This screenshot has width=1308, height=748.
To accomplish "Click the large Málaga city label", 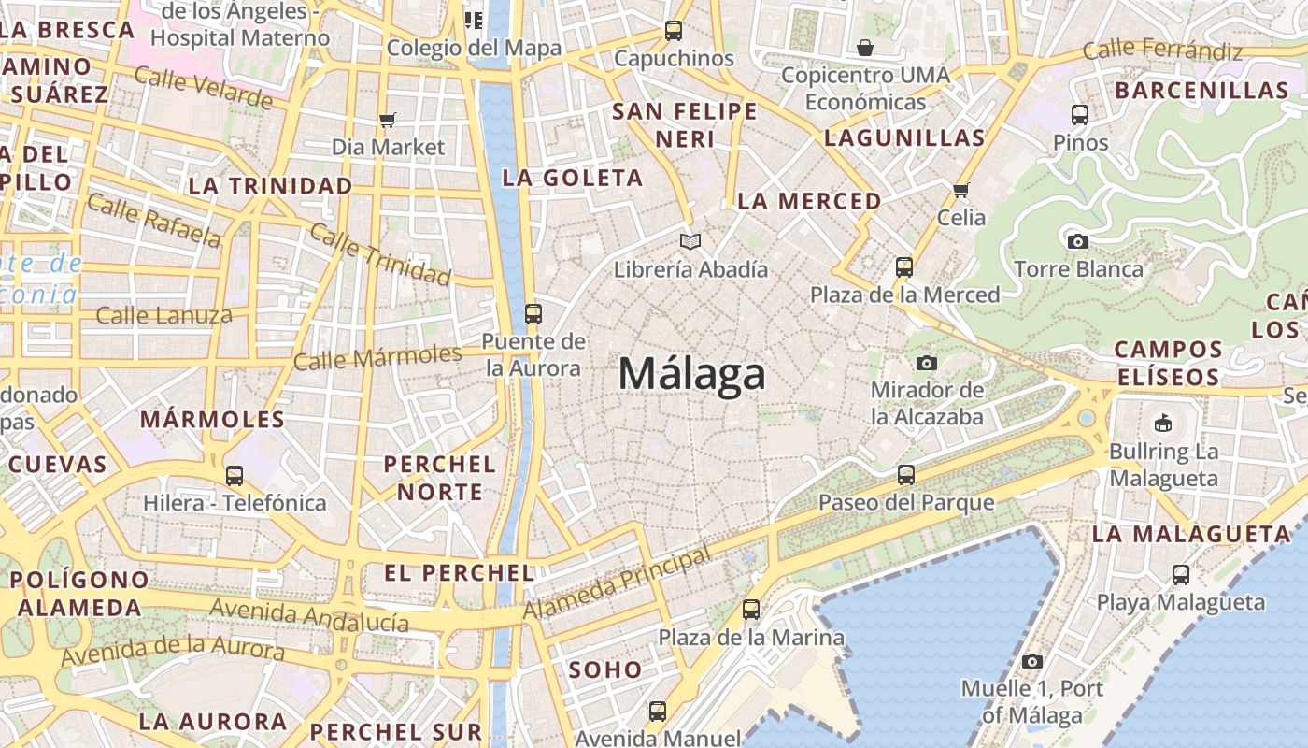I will tap(692, 374).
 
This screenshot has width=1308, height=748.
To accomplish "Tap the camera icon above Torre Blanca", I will tap(1077, 241).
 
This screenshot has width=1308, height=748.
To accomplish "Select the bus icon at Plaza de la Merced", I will tap(903, 267).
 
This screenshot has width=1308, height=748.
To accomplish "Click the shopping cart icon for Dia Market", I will tap(388, 120).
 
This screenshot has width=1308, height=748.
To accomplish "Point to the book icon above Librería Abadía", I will tap(690, 242).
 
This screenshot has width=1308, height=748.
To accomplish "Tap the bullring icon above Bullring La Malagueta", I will tap(1163, 424).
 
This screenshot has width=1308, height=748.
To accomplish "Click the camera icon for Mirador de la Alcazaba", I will tap(927, 363).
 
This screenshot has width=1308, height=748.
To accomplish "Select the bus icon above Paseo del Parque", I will tap(905, 474).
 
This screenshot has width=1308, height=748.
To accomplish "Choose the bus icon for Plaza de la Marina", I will tap(751, 610).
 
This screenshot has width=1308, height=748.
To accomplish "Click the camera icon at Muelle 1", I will tap(1031, 661).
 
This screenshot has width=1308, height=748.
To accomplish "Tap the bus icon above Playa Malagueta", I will tap(1181, 574).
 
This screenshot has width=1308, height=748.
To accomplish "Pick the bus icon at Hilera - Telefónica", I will tap(235, 475).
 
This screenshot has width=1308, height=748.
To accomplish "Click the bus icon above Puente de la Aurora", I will tap(533, 313).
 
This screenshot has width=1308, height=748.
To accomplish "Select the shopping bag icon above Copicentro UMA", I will tap(865, 48).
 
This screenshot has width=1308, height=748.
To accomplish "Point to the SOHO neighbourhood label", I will tap(605, 669).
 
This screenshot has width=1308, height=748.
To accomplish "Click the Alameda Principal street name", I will tap(617, 583).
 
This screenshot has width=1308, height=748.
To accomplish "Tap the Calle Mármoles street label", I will tap(377, 357).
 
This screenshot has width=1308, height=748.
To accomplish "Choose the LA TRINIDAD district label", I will tap(271, 185).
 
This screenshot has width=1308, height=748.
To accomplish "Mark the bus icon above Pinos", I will tap(1080, 115).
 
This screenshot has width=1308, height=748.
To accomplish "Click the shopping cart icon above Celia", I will tap(961, 191).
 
